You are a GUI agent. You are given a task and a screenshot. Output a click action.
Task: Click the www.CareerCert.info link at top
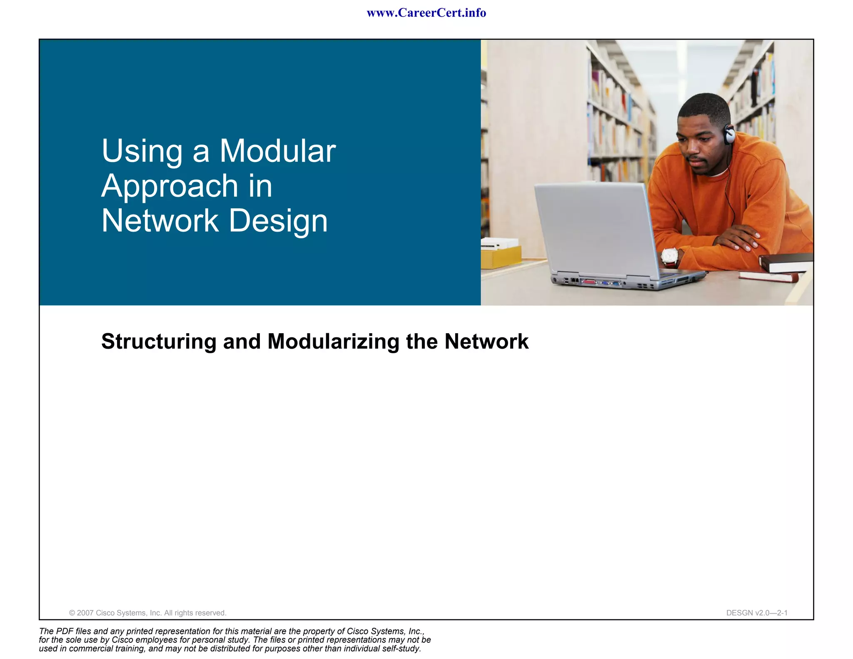point(426,13)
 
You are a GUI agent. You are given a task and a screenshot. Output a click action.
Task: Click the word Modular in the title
point(277,151)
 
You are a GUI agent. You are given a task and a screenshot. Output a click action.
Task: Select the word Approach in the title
point(170,186)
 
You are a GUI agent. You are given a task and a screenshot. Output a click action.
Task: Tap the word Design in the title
point(278,221)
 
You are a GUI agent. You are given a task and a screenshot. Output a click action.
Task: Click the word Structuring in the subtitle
point(159,342)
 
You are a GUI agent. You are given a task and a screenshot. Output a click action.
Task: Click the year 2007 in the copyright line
point(85,613)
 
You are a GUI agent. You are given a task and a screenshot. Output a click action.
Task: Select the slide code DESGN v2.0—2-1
point(757,613)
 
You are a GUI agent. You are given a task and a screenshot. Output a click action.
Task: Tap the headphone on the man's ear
point(729,134)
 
